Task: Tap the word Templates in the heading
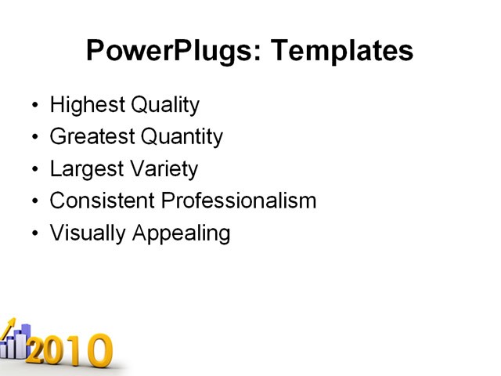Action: [341, 52]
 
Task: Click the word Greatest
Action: [92, 138]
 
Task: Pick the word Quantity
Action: [182, 138]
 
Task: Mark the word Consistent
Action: [103, 201]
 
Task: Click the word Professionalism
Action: [239, 201]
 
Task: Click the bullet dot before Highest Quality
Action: [34, 106]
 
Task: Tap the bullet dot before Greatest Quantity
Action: [34, 138]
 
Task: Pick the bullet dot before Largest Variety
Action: [34, 170]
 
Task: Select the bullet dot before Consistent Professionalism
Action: [34, 201]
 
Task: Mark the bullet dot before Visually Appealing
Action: [34, 233]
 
